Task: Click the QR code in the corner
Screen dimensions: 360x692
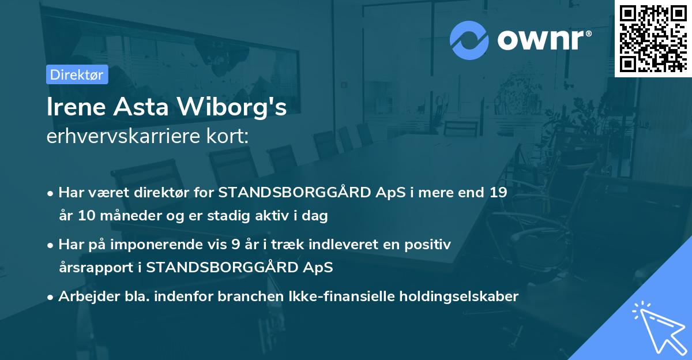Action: coord(652,37)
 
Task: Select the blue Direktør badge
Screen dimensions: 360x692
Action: coord(77,74)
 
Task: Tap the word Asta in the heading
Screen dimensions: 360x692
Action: coord(146,108)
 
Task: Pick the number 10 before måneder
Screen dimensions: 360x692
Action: coord(82,216)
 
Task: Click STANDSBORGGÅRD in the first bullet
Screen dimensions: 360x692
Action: coord(292,193)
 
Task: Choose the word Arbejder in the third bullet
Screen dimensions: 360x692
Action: coord(85,297)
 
